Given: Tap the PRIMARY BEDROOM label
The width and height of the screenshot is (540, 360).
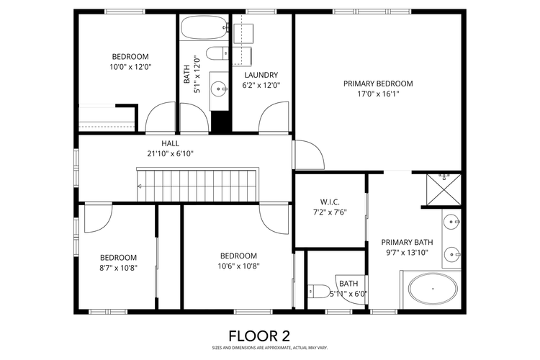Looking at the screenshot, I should [377, 83].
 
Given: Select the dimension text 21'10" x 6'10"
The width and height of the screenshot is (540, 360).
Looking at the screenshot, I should [170, 153].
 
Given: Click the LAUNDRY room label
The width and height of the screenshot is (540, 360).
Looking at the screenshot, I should [261, 75].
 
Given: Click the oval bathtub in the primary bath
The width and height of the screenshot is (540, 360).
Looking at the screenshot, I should [432, 289].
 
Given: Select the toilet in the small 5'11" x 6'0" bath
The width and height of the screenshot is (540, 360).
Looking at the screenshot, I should [317, 292].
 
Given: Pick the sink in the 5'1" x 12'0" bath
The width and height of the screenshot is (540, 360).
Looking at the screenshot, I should [217, 89].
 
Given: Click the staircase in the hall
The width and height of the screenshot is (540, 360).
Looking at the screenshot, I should [197, 186].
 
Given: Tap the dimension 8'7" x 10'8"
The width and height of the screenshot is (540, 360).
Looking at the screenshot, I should [118, 268].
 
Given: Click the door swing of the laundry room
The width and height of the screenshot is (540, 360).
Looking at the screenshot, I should [274, 117].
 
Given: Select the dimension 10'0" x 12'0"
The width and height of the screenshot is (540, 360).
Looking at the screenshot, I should [130, 67].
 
